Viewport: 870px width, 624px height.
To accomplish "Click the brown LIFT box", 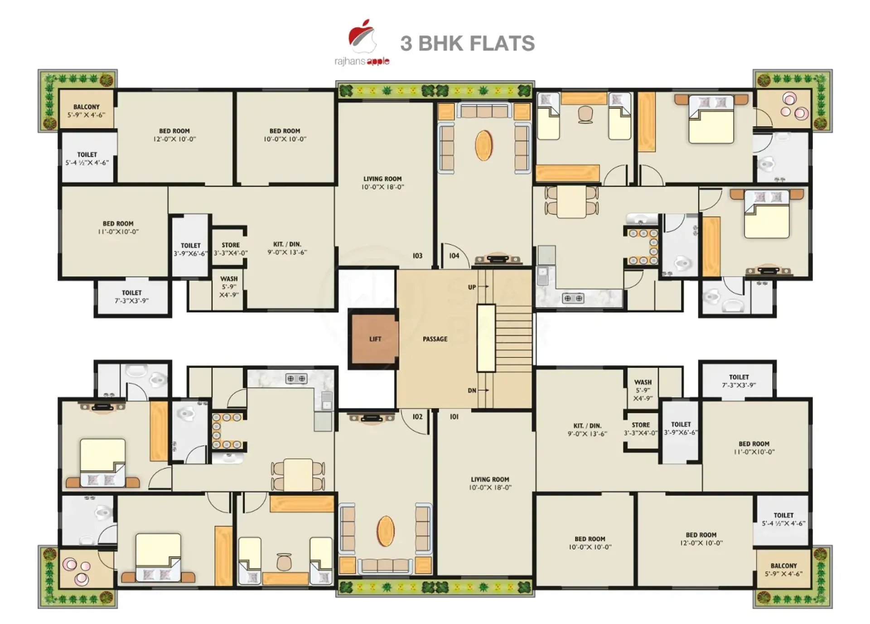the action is pos(375,339).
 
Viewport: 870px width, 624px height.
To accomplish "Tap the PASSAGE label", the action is pos(435,339).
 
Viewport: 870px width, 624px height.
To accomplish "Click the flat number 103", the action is pos(417,256).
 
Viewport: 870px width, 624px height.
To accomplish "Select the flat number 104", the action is pos(454,256).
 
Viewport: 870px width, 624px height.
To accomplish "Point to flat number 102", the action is pos(417,417).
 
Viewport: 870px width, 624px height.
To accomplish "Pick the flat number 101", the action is pos(454,417).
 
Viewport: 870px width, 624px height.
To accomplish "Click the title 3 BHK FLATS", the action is pos(467,44).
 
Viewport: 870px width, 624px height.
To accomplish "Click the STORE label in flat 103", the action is pos(231,245).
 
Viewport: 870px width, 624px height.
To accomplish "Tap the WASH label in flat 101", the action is pos(643,382).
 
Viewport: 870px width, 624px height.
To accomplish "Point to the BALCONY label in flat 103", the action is pos(86,107).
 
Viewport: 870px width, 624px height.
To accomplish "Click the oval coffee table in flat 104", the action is pos(483,145).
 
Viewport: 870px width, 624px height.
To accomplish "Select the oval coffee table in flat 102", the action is pos(386,531).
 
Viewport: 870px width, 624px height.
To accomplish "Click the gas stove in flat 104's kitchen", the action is pos(573,298).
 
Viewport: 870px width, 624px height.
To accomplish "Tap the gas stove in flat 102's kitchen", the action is pos(296,378).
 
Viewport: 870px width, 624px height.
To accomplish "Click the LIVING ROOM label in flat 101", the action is pos(490,479).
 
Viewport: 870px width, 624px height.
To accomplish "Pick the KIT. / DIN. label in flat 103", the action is pos(287,244).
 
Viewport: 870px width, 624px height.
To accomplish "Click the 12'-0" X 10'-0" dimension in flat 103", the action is pos(174,139).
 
